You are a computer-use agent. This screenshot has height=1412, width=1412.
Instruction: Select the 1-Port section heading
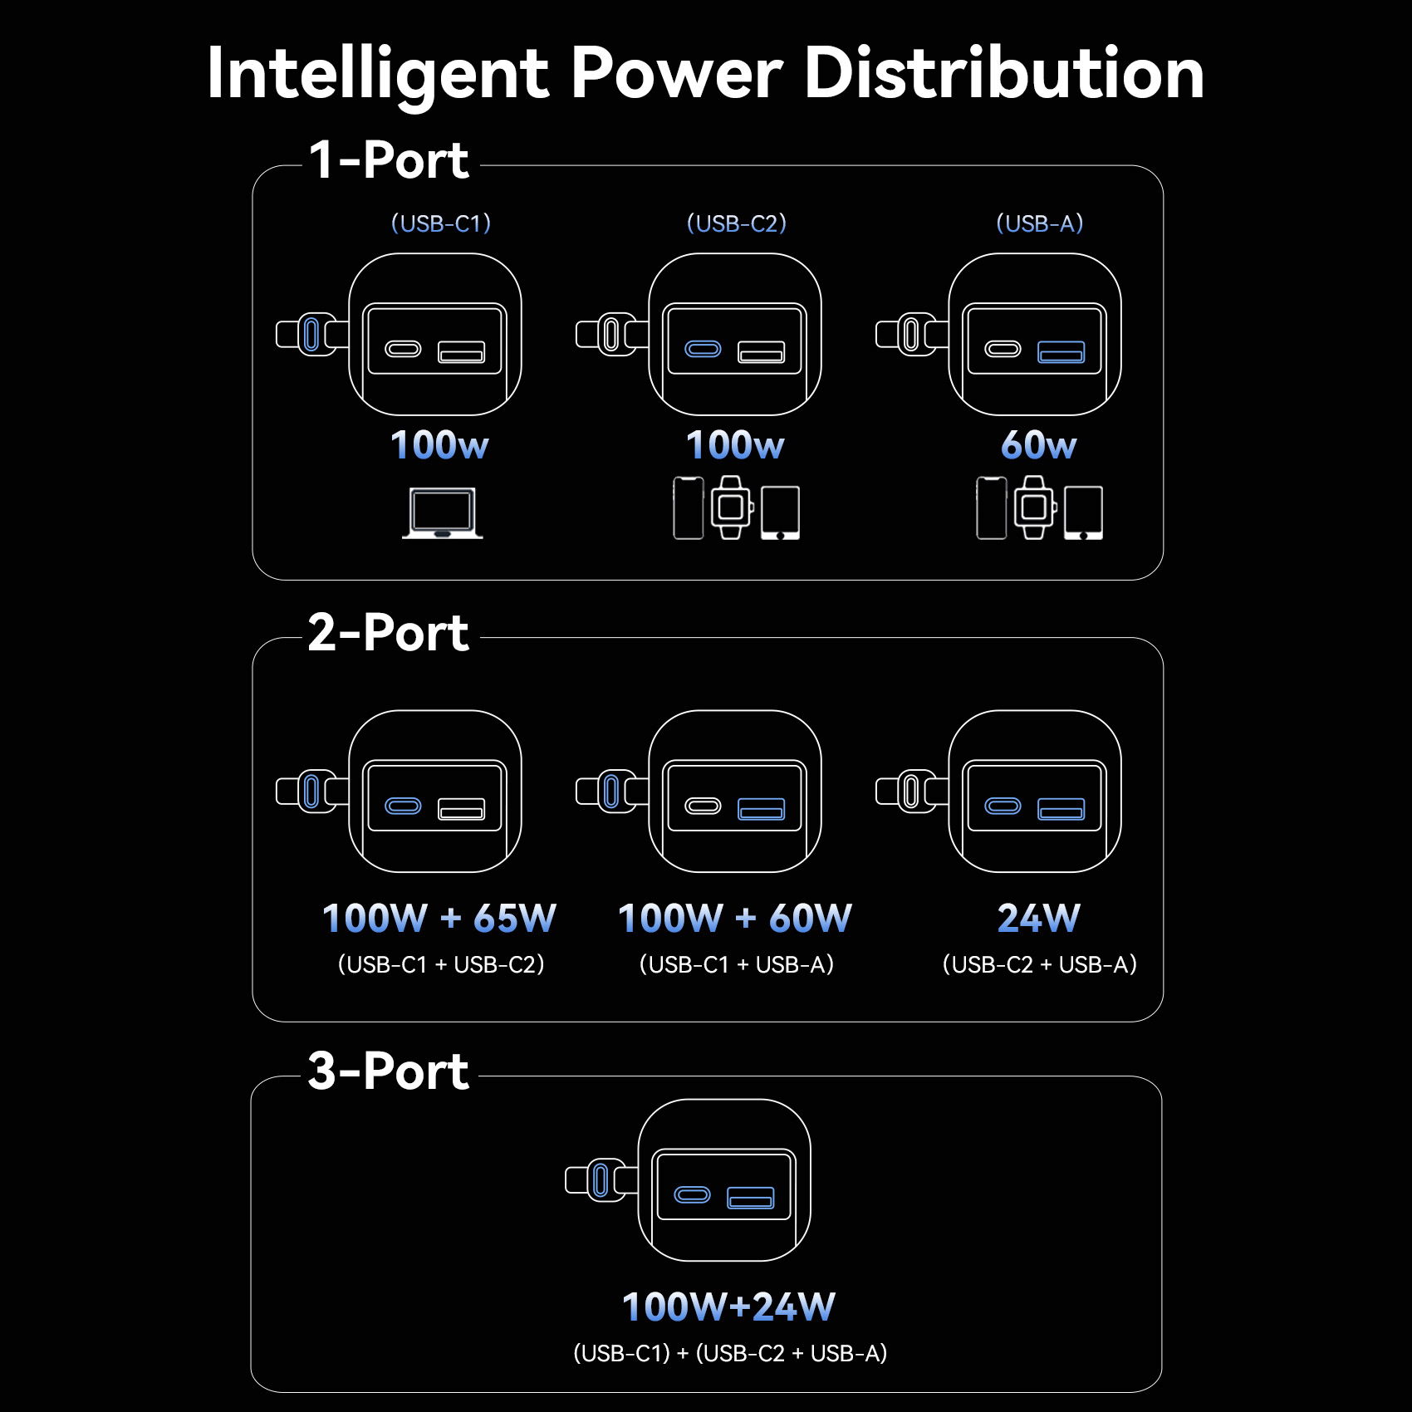[x=389, y=159]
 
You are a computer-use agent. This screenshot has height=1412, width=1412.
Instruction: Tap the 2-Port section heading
[x=388, y=633]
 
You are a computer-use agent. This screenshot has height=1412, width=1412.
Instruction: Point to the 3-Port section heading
[x=388, y=1071]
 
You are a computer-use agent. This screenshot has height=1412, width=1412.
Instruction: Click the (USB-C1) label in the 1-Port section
[x=441, y=223]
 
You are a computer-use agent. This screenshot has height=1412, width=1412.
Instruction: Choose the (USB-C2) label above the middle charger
[x=737, y=223]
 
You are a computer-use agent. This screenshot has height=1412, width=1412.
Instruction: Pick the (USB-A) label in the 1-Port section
[x=1040, y=223]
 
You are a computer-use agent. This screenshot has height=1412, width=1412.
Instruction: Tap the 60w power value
[x=1039, y=445]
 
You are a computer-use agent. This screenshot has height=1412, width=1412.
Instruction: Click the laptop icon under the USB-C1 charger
[x=443, y=512]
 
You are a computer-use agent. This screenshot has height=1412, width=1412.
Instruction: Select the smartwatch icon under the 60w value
[x=1034, y=507]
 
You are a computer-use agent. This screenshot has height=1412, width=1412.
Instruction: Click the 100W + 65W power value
[x=439, y=919]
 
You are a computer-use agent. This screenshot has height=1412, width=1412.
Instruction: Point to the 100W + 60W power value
[x=735, y=919]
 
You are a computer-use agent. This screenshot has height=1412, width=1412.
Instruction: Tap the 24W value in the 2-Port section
[x=1039, y=919]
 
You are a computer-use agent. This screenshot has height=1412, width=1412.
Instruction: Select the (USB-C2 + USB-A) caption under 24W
[x=1040, y=964]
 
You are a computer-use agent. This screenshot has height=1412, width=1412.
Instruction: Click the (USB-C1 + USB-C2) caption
[x=441, y=964]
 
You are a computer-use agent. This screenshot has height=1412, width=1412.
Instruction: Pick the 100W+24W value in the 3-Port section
[x=729, y=1307]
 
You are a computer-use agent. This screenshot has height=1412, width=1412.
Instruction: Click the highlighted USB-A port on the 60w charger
[x=1061, y=352]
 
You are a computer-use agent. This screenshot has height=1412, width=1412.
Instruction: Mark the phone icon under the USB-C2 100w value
[x=689, y=507]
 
